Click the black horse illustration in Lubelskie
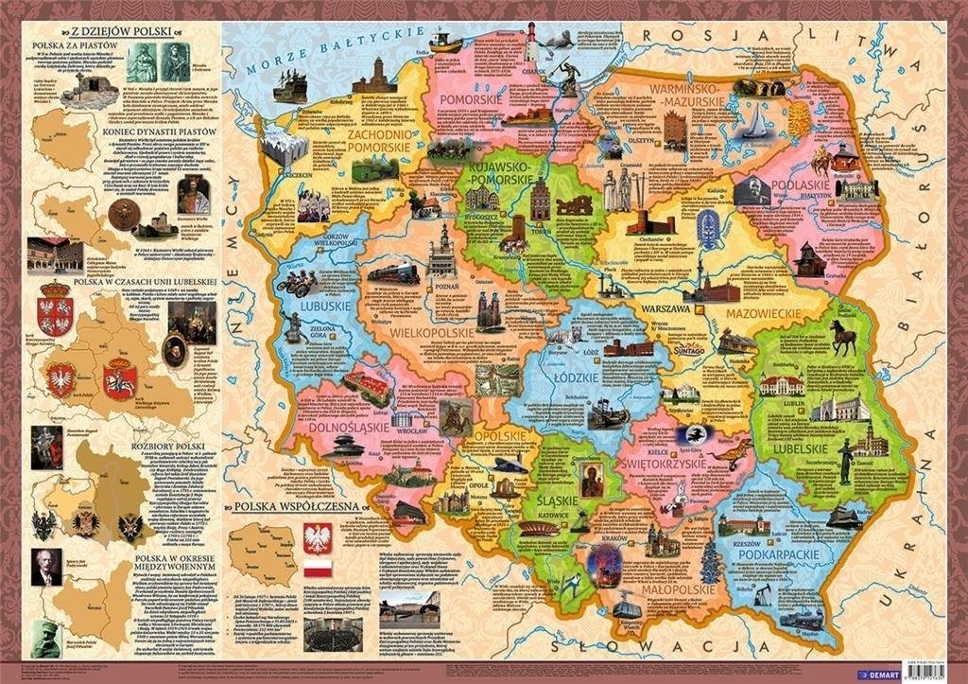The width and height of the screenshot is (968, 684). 842,336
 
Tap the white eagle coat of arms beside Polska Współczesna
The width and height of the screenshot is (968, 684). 317,536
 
